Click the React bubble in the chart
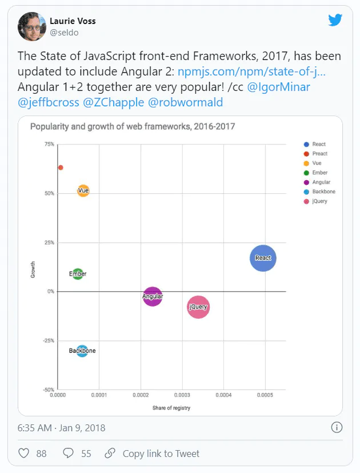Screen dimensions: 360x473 pyautogui.click(x=263, y=258)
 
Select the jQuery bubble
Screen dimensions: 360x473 pyautogui.click(x=198, y=307)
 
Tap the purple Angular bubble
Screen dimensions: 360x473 pyautogui.click(x=153, y=296)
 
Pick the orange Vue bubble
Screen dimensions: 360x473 pyautogui.click(x=83, y=190)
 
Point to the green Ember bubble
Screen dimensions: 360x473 pyautogui.click(x=78, y=274)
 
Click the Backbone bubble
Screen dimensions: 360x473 pyautogui.click(x=82, y=351)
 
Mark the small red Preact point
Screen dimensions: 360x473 pyautogui.click(x=61, y=168)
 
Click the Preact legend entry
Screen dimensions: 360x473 pyautogui.click(x=315, y=153)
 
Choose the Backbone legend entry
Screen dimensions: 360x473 pyautogui.click(x=319, y=192)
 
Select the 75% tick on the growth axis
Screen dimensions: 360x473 pyautogui.click(x=50, y=144)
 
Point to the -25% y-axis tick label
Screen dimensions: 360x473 pyautogui.click(x=49, y=340)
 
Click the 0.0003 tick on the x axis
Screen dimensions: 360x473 pyautogui.click(x=182, y=395)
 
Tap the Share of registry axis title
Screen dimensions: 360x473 pyautogui.click(x=171, y=408)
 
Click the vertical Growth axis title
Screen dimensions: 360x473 pyautogui.click(x=33, y=270)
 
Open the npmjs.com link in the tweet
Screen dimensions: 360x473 pyautogui.click(x=251, y=71)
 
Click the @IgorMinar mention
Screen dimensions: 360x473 pyautogui.click(x=279, y=87)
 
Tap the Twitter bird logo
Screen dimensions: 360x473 pyautogui.click(x=335, y=20)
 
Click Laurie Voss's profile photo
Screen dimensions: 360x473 pyautogui.click(x=32, y=26)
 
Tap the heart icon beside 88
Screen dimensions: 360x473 pyautogui.click(x=24, y=453)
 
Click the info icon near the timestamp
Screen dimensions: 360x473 pyautogui.click(x=337, y=427)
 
